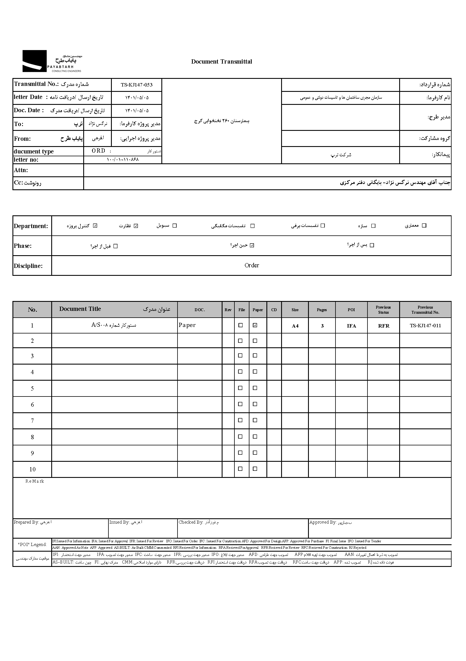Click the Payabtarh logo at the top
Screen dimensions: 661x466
[52, 61]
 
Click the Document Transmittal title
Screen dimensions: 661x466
[221, 62]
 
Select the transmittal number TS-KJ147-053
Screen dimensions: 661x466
[136, 85]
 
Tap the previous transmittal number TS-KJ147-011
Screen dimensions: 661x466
[425, 326]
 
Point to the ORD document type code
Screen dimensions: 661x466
[98, 151]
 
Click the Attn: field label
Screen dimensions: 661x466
[21, 170]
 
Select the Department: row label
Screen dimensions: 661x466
[31, 226]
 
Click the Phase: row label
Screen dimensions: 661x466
[23, 246]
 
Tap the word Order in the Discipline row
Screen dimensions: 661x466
[251, 265]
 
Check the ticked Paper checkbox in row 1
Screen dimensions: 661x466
[255, 325]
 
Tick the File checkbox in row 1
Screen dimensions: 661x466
[240, 325]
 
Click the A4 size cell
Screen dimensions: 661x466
[295, 326]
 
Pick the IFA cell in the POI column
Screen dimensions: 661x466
[351, 326]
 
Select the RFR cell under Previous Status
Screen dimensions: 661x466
[384, 326]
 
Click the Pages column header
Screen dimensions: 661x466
[322, 310]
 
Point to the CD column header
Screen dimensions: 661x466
[274, 310]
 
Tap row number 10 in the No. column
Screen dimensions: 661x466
[32, 469]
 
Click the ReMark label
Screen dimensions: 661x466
[35, 481]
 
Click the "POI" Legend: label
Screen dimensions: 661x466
[32, 544]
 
